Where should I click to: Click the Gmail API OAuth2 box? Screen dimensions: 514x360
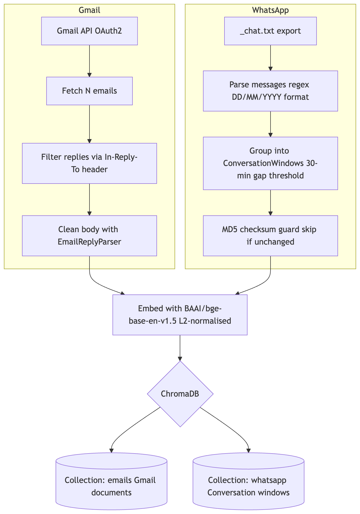coord(89,31)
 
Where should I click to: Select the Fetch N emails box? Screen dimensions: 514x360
coord(89,91)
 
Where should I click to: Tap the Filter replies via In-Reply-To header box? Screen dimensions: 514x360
coord(89,163)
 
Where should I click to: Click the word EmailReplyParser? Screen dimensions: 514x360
coord(89,242)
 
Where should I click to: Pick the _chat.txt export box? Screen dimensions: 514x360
coord(270,31)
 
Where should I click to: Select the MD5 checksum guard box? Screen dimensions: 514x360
coord(270,236)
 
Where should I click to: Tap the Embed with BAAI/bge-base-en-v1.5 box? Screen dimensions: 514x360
coord(180,315)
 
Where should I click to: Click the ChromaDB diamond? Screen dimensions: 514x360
coord(180,394)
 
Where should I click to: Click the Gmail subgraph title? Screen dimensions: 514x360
coord(89,10)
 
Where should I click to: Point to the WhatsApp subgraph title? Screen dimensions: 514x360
coord(270,10)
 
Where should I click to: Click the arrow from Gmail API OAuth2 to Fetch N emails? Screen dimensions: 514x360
coord(89,61)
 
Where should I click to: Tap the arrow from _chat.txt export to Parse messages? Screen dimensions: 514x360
coord(270,58)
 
